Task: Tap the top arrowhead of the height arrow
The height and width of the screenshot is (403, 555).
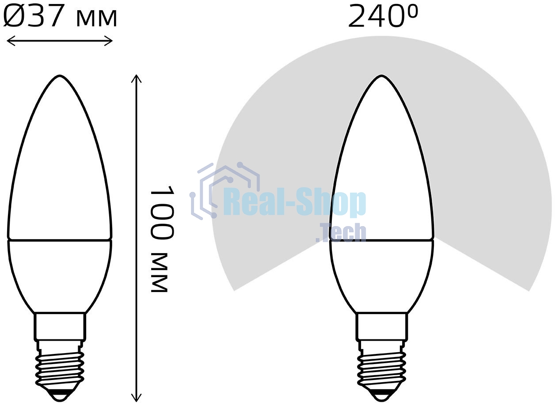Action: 137,78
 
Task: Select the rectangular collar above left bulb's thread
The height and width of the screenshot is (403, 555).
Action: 60,326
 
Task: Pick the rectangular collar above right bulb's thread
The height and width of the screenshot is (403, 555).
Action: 382,326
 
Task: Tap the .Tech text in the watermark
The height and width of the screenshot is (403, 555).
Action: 341,233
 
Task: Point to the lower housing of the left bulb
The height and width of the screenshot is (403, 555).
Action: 60,274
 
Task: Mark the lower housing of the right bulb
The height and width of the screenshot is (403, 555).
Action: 382,274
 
